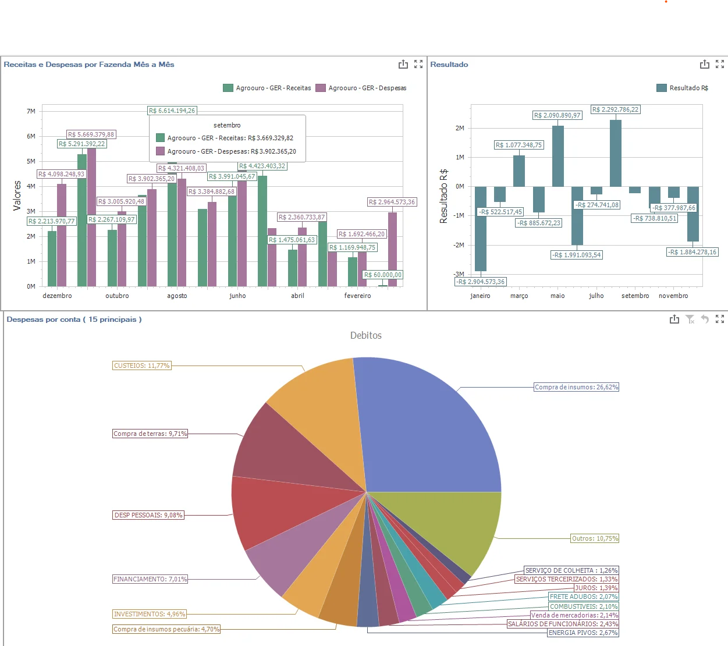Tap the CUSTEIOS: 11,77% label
pyautogui.click(x=142, y=365)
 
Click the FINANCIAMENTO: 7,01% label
pyautogui.click(x=150, y=579)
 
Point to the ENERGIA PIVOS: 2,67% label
pyautogui.click(x=583, y=633)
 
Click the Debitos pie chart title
pyautogui.click(x=365, y=335)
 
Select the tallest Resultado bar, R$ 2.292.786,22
pyautogui.click(x=616, y=152)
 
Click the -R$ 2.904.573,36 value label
pyautogui.click(x=481, y=282)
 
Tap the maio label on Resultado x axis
pyautogui.click(x=557, y=296)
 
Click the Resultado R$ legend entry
pyautogui.click(x=682, y=88)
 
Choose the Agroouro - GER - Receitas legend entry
pyautogui.click(x=267, y=88)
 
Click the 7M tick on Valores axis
pyautogui.click(x=31, y=111)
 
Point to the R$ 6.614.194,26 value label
pyautogui.click(x=172, y=111)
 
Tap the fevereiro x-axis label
pyautogui.click(x=357, y=296)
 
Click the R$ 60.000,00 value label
pyautogui.click(x=383, y=275)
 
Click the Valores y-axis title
pyautogui.click(x=17, y=196)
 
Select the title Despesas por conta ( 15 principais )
pyautogui.click(x=74, y=320)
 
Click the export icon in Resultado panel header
pyautogui.click(x=704, y=64)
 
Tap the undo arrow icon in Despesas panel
pyautogui.click(x=705, y=319)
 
